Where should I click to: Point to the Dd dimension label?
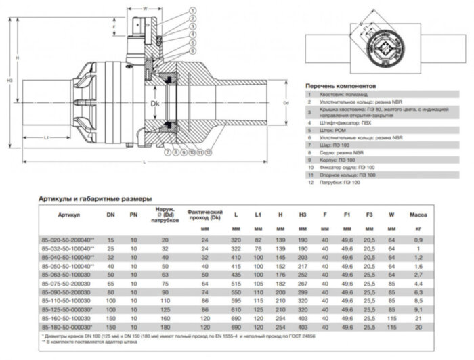[286, 103]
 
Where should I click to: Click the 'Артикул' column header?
[69, 215]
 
